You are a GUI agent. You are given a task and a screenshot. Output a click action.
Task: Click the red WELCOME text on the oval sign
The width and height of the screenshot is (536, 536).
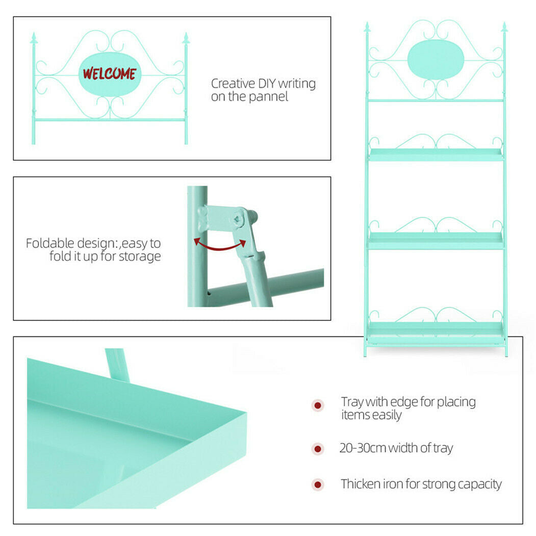pos(109,73)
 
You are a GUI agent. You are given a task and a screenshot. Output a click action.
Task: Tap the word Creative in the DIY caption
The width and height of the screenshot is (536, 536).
pos(233,84)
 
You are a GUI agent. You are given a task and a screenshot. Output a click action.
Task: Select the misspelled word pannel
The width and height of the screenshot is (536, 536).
pos(269,97)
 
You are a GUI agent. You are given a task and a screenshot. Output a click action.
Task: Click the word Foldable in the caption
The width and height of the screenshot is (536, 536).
pos(50,243)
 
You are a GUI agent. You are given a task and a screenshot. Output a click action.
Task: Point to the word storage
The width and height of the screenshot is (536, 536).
pos(139,257)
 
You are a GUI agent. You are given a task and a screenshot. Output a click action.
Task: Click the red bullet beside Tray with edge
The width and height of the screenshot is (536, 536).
pos(318,405)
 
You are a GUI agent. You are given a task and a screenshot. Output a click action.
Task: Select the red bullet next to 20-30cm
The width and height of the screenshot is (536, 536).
pos(318,448)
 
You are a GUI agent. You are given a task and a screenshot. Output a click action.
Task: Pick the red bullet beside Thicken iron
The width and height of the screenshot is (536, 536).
pos(318,484)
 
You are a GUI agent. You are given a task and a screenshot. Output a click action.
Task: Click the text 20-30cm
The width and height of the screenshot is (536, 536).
pos(363,448)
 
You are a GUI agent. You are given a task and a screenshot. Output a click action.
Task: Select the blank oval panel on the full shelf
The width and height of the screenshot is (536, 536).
pos(436,60)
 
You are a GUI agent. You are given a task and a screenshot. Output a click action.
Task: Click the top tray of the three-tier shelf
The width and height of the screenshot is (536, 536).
pos(436,155)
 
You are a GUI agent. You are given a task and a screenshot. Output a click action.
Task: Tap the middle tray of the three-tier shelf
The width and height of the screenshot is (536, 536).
pos(436,241)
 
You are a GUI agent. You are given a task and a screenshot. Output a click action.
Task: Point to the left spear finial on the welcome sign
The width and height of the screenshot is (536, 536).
pos(34,38)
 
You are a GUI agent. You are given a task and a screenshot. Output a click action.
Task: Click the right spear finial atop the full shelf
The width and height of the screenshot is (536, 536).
pos(504,28)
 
